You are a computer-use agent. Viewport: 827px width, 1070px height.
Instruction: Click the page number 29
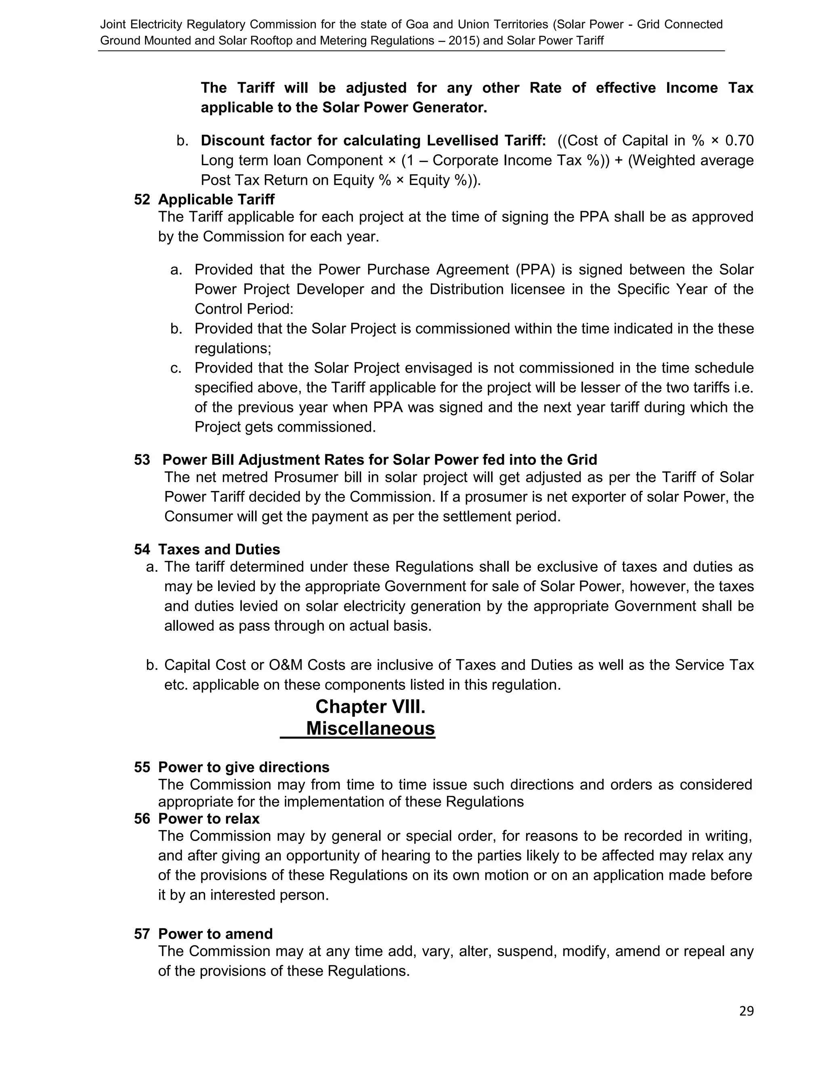pyautogui.click(x=746, y=1011)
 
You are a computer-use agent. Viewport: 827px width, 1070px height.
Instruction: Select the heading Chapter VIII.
pyautogui.click(x=370, y=707)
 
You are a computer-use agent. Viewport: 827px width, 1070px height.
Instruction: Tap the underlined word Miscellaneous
pyautogui.click(x=370, y=728)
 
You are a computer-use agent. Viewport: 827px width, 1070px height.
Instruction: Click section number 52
pyautogui.click(x=142, y=199)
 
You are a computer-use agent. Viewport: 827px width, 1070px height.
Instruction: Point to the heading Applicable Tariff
pyautogui.click(x=216, y=199)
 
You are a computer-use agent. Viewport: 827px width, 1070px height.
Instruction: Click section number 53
pyautogui.click(x=142, y=459)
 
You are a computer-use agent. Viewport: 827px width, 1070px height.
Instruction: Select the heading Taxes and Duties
pyautogui.click(x=219, y=549)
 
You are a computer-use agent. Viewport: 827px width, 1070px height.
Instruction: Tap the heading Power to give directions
pyautogui.click(x=243, y=767)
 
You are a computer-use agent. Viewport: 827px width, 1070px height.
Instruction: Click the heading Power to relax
pyautogui.click(x=209, y=819)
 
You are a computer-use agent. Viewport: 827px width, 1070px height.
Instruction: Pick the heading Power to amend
pyautogui.click(x=215, y=934)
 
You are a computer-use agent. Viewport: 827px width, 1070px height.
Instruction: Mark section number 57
pyautogui.click(x=142, y=934)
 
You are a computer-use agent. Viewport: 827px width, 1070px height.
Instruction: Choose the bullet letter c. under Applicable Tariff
pyautogui.click(x=176, y=368)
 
